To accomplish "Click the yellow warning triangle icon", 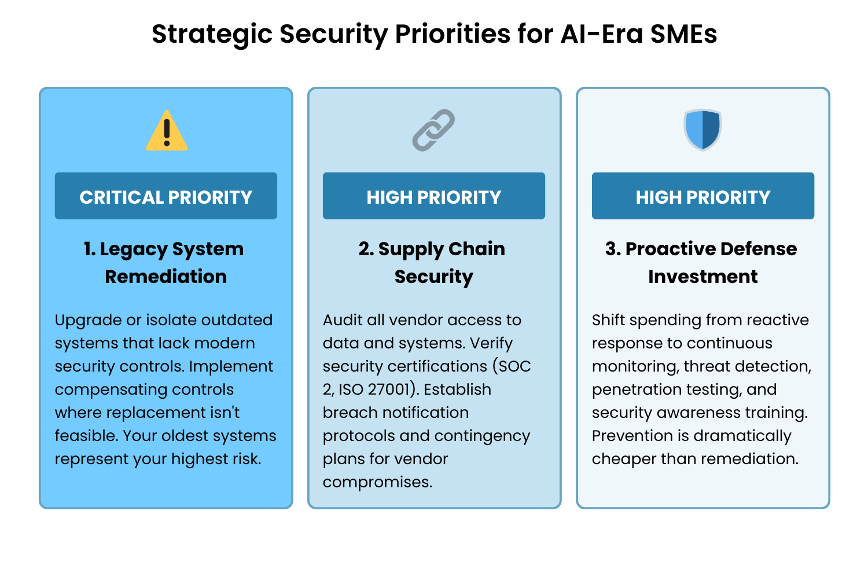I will pyautogui.click(x=167, y=131).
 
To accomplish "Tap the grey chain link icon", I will pyautogui.click(x=433, y=130).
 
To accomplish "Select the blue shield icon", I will pyautogui.click(x=702, y=130).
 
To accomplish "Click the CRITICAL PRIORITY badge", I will pyautogui.click(x=166, y=196).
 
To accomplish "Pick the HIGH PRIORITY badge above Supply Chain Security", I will pyautogui.click(x=433, y=196).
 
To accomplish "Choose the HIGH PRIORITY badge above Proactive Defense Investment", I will pyautogui.click(x=703, y=196).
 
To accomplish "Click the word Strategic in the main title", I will pyautogui.click(x=212, y=34).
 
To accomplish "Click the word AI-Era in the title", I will pyautogui.click(x=602, y=34).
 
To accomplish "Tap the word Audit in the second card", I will pyautogui.click(x=343, y=320).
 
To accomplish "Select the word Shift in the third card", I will pyautogui.click(x=608, y=320).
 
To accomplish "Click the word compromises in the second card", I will pyautogui.click(x=377, y=482).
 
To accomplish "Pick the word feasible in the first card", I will pyautogui.click(x=86, y=436).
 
